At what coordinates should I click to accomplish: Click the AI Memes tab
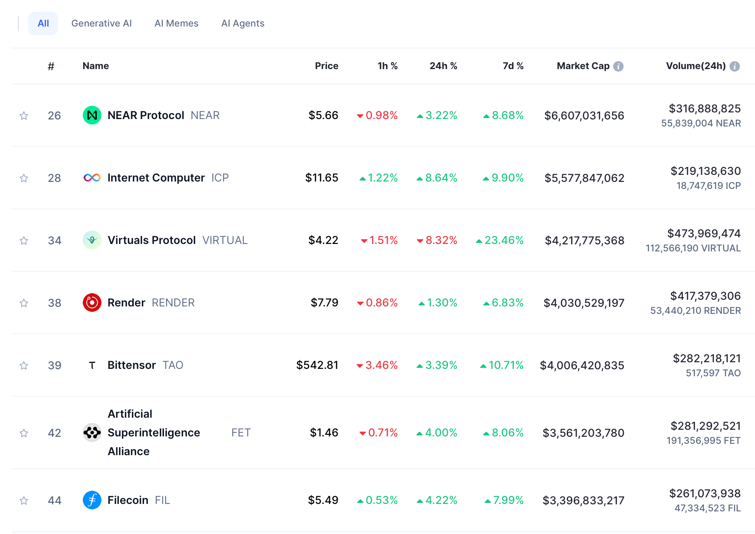176,23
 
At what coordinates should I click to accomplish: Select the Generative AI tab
101,23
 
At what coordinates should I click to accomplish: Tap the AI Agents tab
242,23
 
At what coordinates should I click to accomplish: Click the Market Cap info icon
618,66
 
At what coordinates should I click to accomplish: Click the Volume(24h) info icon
735,66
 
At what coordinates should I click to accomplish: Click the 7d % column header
513,66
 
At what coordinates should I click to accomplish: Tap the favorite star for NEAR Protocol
24,116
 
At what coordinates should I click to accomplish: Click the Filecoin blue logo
92,500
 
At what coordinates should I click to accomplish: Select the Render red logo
92,303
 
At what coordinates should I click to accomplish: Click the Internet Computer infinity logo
92,178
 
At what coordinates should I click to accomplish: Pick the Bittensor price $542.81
317,365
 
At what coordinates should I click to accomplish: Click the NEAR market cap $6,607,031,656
584,116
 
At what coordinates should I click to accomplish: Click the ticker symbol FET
241,433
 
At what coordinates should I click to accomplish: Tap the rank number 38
55,303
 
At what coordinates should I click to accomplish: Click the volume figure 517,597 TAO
713,373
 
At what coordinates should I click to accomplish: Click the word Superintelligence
154,433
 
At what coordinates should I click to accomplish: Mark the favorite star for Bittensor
24,365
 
